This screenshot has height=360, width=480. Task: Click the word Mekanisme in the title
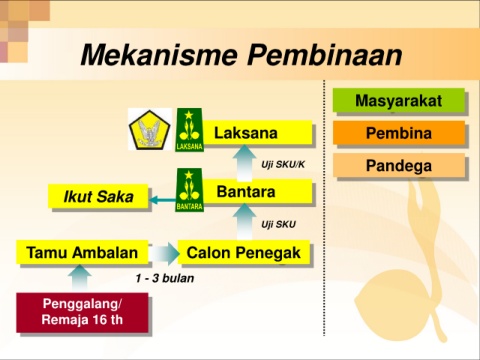[159, 55]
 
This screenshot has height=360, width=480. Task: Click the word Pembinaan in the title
[324, 55]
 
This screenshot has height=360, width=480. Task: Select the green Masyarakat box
[399, 100]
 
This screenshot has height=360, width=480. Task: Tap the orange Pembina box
[399, 133]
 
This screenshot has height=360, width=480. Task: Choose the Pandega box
[399, 165]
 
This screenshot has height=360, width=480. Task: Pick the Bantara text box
[257, 191]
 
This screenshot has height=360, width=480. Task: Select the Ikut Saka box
[98, 196]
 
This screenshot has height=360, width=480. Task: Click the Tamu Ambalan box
[82, 252]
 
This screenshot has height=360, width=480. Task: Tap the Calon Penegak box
[244, 252]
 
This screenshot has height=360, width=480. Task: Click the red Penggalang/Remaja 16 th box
[82, 312]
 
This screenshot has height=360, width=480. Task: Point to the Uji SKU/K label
[283, 164]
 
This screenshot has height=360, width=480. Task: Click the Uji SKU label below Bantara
[278, 224]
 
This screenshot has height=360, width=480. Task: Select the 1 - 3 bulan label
[165, 278]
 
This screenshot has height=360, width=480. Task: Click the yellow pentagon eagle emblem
[150, 130]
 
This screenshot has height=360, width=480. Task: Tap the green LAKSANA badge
[189, 130]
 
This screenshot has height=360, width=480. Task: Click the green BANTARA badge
[189, 190]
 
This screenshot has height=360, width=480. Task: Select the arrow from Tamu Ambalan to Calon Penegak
[164, 254]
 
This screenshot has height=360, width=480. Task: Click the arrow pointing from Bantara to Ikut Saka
[163, 200]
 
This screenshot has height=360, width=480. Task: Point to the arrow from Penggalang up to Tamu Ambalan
[80, 278]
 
